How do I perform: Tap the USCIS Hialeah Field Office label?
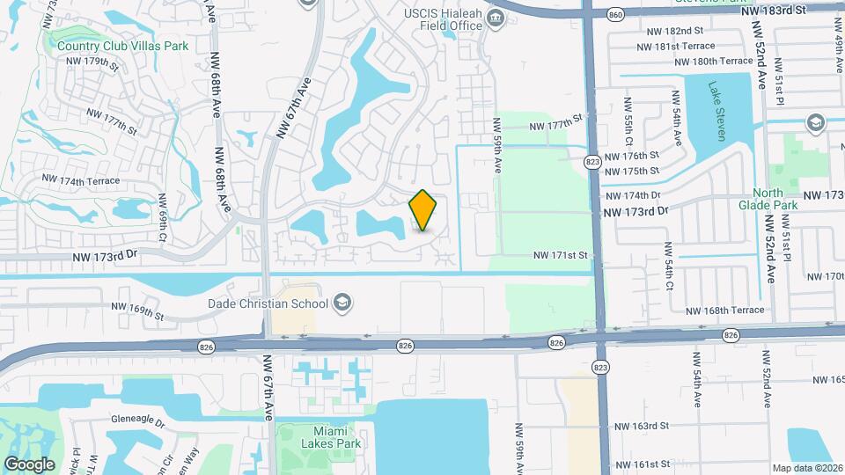(x=444, y=20)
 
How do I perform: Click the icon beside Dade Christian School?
(x=342, y=304)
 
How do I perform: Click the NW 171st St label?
(x=560, y=255)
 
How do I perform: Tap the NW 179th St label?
(x=98, y=62)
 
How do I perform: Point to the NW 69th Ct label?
(x=163, y=219)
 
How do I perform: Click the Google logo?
(x=29, y=464)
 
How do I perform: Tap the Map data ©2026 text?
(x=806, y=468)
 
